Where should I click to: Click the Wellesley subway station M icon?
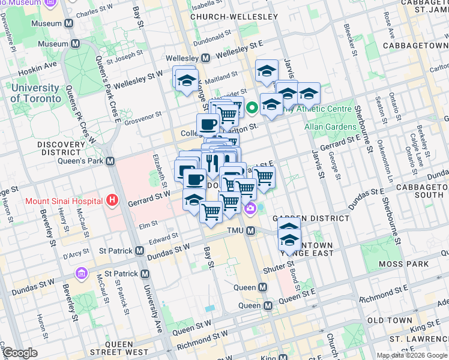click(206, 58)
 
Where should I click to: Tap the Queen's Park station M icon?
click(110, 161)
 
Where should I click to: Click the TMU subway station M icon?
click(251, 231)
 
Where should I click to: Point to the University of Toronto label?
click(35, 94)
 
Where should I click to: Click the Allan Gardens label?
click(330, 127)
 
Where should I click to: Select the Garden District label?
click(310, 218)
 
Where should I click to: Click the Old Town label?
click(388, 320)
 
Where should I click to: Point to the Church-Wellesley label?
click(234, 17)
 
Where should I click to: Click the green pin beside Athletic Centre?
click(252, 108)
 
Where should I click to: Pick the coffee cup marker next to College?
click(208, 124)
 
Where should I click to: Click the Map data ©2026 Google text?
click(412, 355)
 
